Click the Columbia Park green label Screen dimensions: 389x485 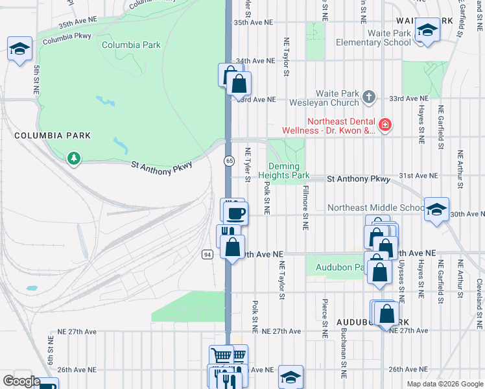pos(131,45)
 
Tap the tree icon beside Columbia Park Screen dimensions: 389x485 pos(74,158)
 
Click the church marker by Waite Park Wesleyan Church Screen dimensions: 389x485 pos(369,97)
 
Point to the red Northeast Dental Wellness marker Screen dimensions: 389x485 pos(384,124)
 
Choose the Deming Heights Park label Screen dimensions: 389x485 pos(284,171)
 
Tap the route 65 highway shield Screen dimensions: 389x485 pos(230,160)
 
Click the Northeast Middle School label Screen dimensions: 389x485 pos(376,207)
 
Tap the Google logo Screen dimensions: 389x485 pos(21,381)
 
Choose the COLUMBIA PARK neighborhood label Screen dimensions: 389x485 pos(53,136)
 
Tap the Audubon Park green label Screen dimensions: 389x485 pos(337,267)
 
